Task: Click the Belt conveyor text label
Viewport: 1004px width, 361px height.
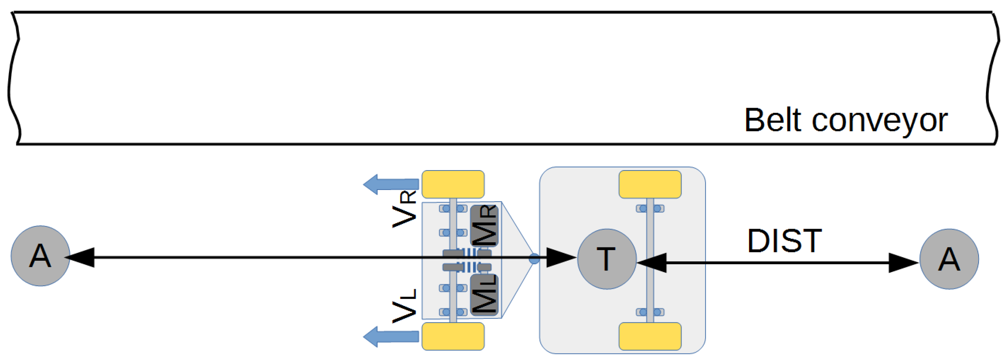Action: click(845, 121)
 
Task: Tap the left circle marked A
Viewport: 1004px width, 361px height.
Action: click(40, 256)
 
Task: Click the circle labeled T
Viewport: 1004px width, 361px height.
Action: click(606, 259)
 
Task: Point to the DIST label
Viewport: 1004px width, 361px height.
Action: click(785, 241)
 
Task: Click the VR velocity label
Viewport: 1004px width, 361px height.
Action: click(405, 210)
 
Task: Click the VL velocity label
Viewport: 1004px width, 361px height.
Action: click(405, 306)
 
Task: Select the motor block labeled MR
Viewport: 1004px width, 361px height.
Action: click(484, 226)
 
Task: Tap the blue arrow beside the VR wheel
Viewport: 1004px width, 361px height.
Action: click(391, 184)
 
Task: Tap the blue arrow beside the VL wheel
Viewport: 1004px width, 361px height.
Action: click(391, 336)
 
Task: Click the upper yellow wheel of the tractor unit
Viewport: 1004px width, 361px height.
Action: click(453, 184)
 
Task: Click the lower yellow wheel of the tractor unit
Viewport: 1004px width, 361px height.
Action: click(453, 336)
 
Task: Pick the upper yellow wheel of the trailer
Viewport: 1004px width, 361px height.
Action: click(650, 184)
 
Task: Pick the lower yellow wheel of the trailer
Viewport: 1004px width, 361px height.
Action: click(650, 336)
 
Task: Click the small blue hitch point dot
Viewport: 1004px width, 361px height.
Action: click(534, 258)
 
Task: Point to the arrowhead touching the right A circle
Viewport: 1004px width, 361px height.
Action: click(903, 263)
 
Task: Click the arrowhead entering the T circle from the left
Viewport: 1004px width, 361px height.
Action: click(561, 257)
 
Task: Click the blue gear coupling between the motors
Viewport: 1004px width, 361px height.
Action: click(468, 260)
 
